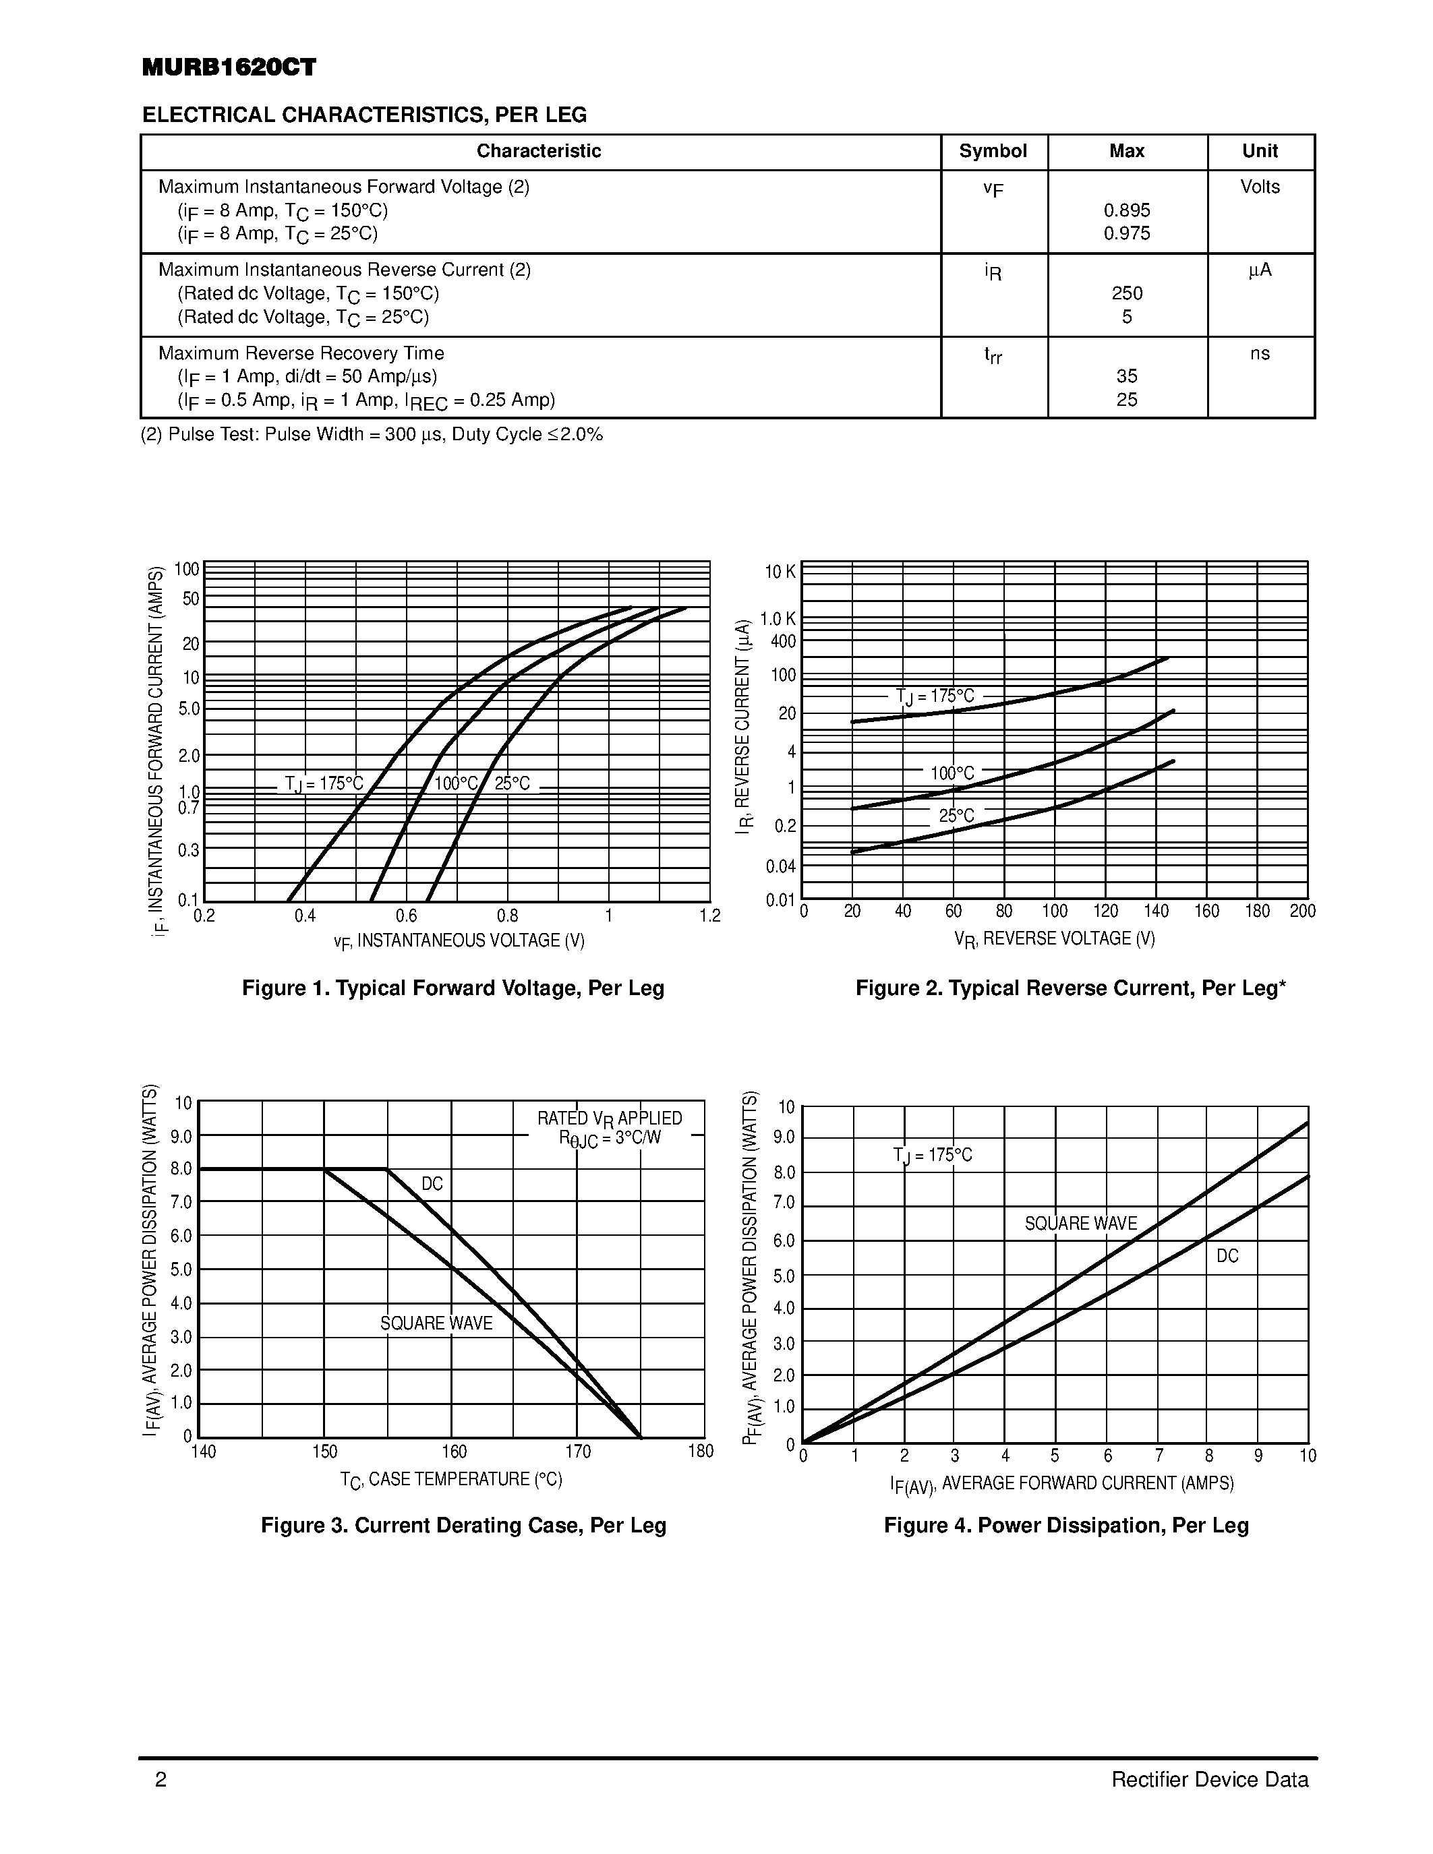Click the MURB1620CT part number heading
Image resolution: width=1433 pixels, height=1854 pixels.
coord(229,68)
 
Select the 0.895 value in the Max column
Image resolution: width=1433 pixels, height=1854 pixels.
coord(1127,210)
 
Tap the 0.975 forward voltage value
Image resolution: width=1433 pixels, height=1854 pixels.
coord(1127,233)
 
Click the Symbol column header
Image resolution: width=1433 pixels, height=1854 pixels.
coord(993,151)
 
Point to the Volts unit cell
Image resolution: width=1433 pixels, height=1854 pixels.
coord(1260,187)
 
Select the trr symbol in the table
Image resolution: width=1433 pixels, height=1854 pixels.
coord(993,355)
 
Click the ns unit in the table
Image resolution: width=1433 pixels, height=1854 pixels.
coord(1260,353)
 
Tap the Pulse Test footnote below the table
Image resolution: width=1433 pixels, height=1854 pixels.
coord(372,436)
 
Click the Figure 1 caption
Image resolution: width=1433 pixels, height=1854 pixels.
coord(452,988)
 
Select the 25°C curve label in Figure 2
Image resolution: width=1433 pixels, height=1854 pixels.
coord(956,816)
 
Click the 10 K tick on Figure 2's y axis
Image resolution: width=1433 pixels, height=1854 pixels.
coord(780,572)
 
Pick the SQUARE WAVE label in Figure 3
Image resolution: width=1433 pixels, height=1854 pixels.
coord(436,1323)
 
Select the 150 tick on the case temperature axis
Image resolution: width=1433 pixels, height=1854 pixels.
coord(324,1452)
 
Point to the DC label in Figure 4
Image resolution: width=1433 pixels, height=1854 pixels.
coord(1227,1255)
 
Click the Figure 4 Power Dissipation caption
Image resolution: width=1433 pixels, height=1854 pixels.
coord(1066,1526)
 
